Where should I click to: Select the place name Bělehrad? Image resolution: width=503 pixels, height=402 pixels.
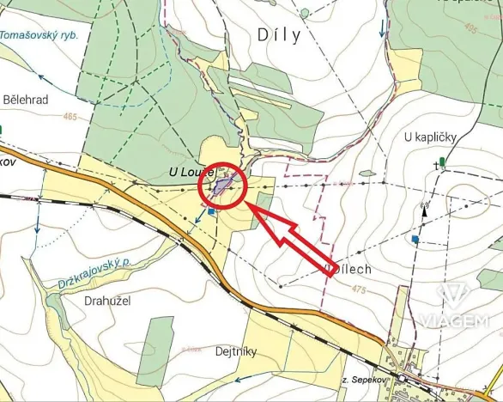tap(25, 100)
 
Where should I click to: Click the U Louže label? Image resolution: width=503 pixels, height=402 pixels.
tap(191, 173)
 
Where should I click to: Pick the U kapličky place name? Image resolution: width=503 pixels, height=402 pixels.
tap(430, 137)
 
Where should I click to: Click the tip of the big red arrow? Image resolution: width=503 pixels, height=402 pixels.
tap(250, 204)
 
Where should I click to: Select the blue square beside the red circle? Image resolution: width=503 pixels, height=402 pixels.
tap(210, 211)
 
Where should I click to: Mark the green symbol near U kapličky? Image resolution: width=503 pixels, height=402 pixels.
tap(442, 161)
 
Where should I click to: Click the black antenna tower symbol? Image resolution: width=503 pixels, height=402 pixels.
tap(423, 208)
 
